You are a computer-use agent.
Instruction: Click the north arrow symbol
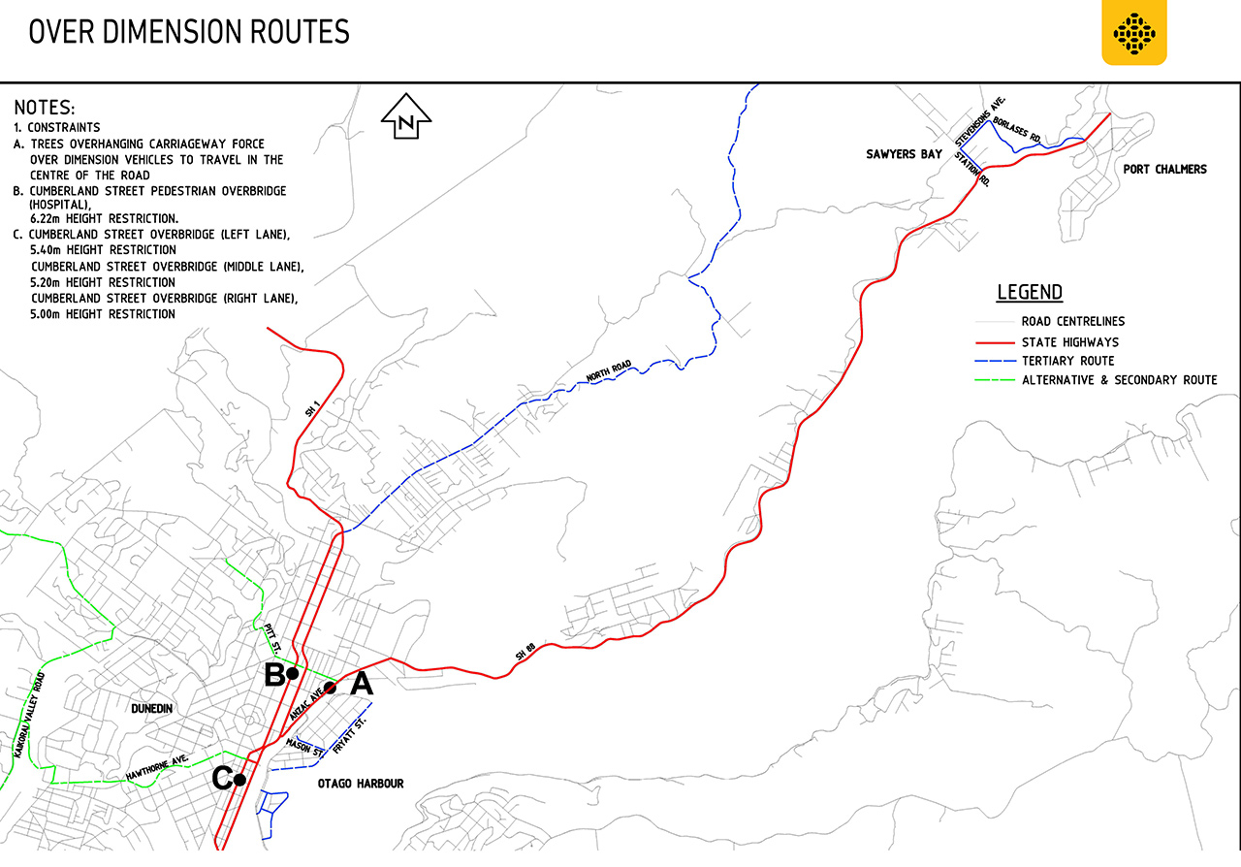pos(407,119)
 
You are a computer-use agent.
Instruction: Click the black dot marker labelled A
pos(330,688)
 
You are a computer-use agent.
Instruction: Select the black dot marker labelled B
pos(291,672)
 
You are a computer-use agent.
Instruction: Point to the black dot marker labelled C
pos(239,779)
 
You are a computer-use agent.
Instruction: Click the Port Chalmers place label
pos(1164,170)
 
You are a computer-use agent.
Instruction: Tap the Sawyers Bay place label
pos(905,155)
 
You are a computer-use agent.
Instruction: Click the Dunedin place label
pos(150,709)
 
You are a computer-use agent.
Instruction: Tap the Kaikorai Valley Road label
pos(29,714)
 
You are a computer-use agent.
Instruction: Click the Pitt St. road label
pos(272,637)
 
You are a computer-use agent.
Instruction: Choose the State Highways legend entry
pos(1069,342)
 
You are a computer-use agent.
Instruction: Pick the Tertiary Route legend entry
pos(1067,361)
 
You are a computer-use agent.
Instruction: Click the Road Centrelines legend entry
pos(1072,322)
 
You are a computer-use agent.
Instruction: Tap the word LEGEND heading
pos(1030,293)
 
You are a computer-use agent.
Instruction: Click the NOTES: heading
pos(45,108)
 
